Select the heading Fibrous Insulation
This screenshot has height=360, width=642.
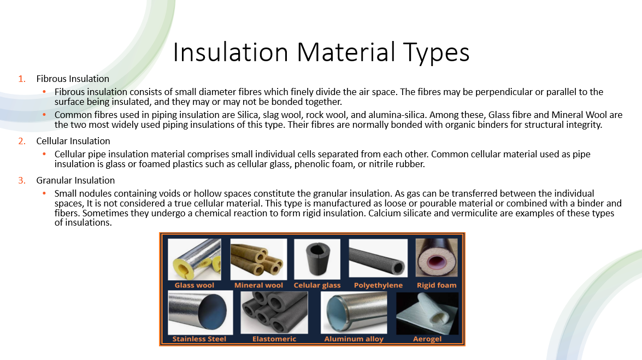click(x=73, y=79)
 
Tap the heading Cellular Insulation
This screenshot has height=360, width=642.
click(x=73, y=141)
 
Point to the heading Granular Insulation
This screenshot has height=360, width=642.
click(x=75, y=180)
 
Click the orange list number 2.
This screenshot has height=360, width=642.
click(x=22, y=141)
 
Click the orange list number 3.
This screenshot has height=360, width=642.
click(x=22, y=180)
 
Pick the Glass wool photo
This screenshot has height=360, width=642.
click(x=195, y=259)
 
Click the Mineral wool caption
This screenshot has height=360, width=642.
click(x=259, y=286)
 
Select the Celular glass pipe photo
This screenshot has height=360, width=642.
click(x=317, y=259)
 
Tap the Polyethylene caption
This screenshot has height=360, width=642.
click(x=378, y=286)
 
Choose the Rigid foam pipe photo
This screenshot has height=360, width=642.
click(x=437, y=258)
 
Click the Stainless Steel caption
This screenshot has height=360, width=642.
click(x=199, y=339)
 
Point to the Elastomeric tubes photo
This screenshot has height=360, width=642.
click(x=274, y=312)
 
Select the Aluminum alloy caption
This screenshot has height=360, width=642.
click(x=354, y=339)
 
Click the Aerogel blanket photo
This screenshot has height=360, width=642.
click(x=427, y=314)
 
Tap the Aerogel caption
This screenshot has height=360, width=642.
click(x=427, y=339)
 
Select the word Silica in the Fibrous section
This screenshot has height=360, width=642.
click(x=248, y=115)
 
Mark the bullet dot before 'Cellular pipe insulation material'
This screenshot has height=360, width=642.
click(x=44, y=154)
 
